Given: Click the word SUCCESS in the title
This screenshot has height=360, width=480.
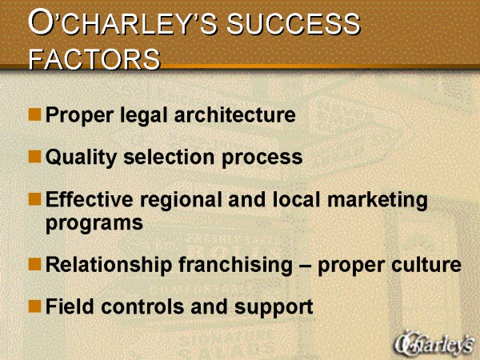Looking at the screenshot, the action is tap(294, 24).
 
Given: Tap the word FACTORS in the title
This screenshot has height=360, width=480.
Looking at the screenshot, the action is tap(94, 58).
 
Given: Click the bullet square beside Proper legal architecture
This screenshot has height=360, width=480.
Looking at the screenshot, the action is tap(35, 114).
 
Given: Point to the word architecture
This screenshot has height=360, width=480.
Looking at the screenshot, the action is tap(234, 114).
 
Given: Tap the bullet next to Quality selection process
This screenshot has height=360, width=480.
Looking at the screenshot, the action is tap(35, 156).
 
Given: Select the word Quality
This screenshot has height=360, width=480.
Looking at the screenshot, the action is tap(81, 158).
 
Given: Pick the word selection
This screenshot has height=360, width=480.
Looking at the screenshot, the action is tap(170, 157).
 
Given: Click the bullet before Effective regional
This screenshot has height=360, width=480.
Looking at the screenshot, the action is tap(35, 198).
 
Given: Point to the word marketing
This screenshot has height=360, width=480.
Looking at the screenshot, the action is tap(378, 201).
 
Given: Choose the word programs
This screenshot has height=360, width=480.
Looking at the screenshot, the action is tap(94, 224).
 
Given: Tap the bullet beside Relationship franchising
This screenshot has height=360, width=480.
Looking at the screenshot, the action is tap(35, 264).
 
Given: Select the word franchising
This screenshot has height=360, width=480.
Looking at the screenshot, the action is tap(236, 266).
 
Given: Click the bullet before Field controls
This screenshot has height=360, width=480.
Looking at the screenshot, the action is tap(35, 306).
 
